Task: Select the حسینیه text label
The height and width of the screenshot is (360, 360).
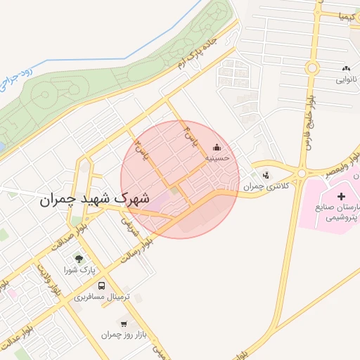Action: point(215,160)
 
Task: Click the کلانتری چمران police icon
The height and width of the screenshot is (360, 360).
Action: point(265,175)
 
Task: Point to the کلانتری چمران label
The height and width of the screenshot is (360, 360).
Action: point(262,187)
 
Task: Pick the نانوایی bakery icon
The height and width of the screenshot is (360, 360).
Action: point(346,68)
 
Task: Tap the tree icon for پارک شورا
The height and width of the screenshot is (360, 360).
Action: point(79,258)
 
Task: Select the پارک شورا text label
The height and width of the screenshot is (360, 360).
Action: point(79,270)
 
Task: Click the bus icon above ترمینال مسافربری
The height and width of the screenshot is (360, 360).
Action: point(103,285)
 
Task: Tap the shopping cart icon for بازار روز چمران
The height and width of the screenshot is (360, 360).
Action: point(124,323)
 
